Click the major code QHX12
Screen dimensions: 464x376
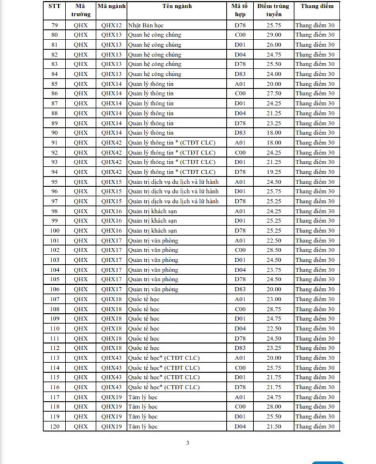(x=112, y=25)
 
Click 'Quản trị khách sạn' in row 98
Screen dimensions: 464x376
(x=152, y=211)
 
